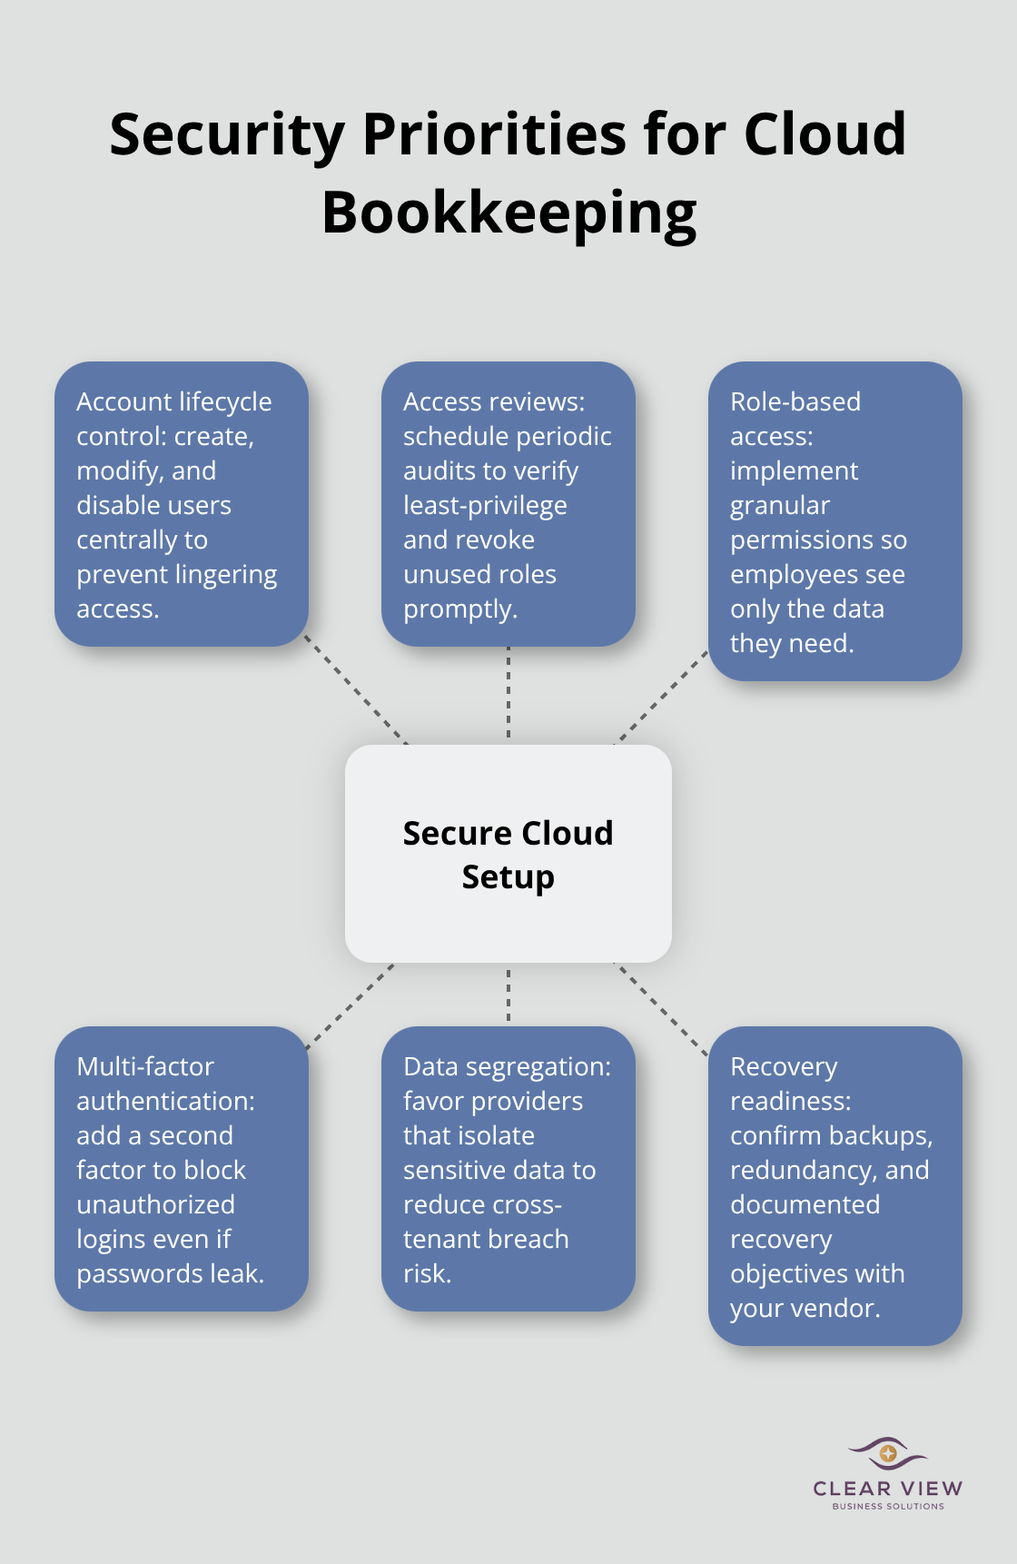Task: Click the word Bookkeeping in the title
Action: click(508, 213)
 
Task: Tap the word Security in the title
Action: click(227, 134)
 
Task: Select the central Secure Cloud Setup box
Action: click(508, 854)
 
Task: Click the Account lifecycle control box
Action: click(182, 504)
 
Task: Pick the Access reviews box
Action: click(508, 504)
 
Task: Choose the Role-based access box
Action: click(835, 521)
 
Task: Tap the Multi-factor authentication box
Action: click(182, 1169)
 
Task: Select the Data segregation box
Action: click(508, 1169)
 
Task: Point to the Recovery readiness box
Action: click(835, 1186)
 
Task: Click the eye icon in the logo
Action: click(888, 1453)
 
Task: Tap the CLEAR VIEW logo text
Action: click(888, 1489)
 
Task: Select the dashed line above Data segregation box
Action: click(508, 995)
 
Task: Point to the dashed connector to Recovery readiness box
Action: click(661, 1009)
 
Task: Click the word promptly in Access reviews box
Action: click(460, 609)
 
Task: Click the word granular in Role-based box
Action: click(780, 506)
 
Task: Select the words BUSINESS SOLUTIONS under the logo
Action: click(888, 1506)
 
